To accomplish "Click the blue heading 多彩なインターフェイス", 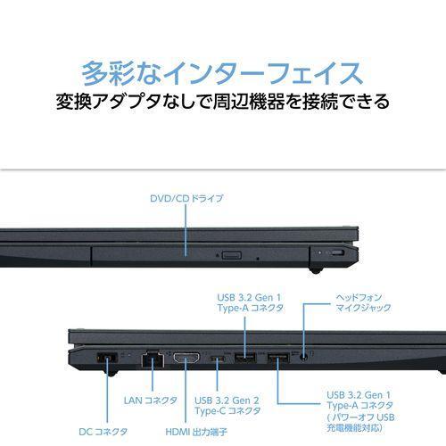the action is [222, 73].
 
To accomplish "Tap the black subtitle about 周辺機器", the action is [223, 102].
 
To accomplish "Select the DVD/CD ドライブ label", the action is [186, 199].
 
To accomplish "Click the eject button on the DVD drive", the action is [232, 255].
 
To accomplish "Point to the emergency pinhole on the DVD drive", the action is [258, 259].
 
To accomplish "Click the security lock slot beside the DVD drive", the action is [337, 253].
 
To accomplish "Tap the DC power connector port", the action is [107, 357].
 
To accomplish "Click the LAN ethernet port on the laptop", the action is [153, 359].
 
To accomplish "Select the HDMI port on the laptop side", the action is [186, 358].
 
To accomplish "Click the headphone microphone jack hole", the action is [303, 357].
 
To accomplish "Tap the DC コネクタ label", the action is [103, 432].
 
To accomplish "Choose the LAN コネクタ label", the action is [151, 401].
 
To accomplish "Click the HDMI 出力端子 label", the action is [196, 432].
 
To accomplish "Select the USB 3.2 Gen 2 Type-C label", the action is [227, 406].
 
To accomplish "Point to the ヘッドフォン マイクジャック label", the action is [363, 302].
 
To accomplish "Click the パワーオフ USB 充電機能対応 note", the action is [360, 423].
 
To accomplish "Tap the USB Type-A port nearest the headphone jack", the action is [278, 358].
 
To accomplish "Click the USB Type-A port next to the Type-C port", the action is [245, 358].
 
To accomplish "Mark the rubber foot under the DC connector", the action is [111, 373].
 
